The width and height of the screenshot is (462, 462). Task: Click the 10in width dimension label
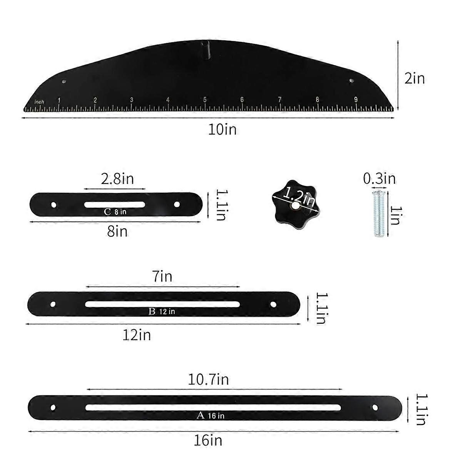(222, 129)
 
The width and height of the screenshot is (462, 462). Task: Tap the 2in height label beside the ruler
(414, 79)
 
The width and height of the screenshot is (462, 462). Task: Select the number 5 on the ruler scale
(205, 100)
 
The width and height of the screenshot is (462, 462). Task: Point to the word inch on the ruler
(39, 102)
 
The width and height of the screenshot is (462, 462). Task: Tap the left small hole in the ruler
(64, 82)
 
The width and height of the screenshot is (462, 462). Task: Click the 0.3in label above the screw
(379, 179)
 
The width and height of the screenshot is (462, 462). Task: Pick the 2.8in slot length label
(117, 179)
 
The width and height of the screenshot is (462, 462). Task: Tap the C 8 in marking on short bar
(115, 212)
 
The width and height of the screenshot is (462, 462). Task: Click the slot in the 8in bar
(115, 204)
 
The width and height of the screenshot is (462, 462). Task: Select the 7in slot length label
(162, 276)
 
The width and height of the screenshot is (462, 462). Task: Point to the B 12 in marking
(162, 311)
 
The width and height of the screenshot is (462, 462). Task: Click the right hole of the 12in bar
(273, 304)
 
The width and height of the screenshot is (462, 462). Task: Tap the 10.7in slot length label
(208, 380)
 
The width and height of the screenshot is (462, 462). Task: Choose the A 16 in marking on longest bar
(210, 416)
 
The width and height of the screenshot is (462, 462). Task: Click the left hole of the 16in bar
(53, 407)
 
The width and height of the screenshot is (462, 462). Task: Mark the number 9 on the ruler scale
(356, 100)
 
